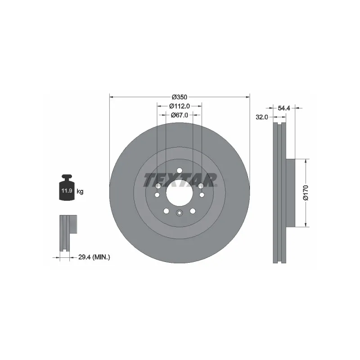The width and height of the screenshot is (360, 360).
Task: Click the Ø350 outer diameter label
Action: coord(180,97)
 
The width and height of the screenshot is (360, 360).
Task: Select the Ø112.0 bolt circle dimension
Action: coord(180,106)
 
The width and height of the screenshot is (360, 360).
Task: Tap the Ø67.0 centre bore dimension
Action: coord(180,115)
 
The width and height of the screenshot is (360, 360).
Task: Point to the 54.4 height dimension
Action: coord(284,108)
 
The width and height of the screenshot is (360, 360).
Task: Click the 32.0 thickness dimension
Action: coord(262,117)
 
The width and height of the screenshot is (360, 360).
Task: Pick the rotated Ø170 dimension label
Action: coord(306,193)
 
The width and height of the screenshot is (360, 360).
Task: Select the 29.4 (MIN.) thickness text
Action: coord(94,257)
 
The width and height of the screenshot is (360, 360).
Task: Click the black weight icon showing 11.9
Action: coord(67,187)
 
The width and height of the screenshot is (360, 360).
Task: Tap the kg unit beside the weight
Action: coord(80,191)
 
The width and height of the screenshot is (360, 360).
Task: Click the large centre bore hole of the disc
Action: coord(179,193)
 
